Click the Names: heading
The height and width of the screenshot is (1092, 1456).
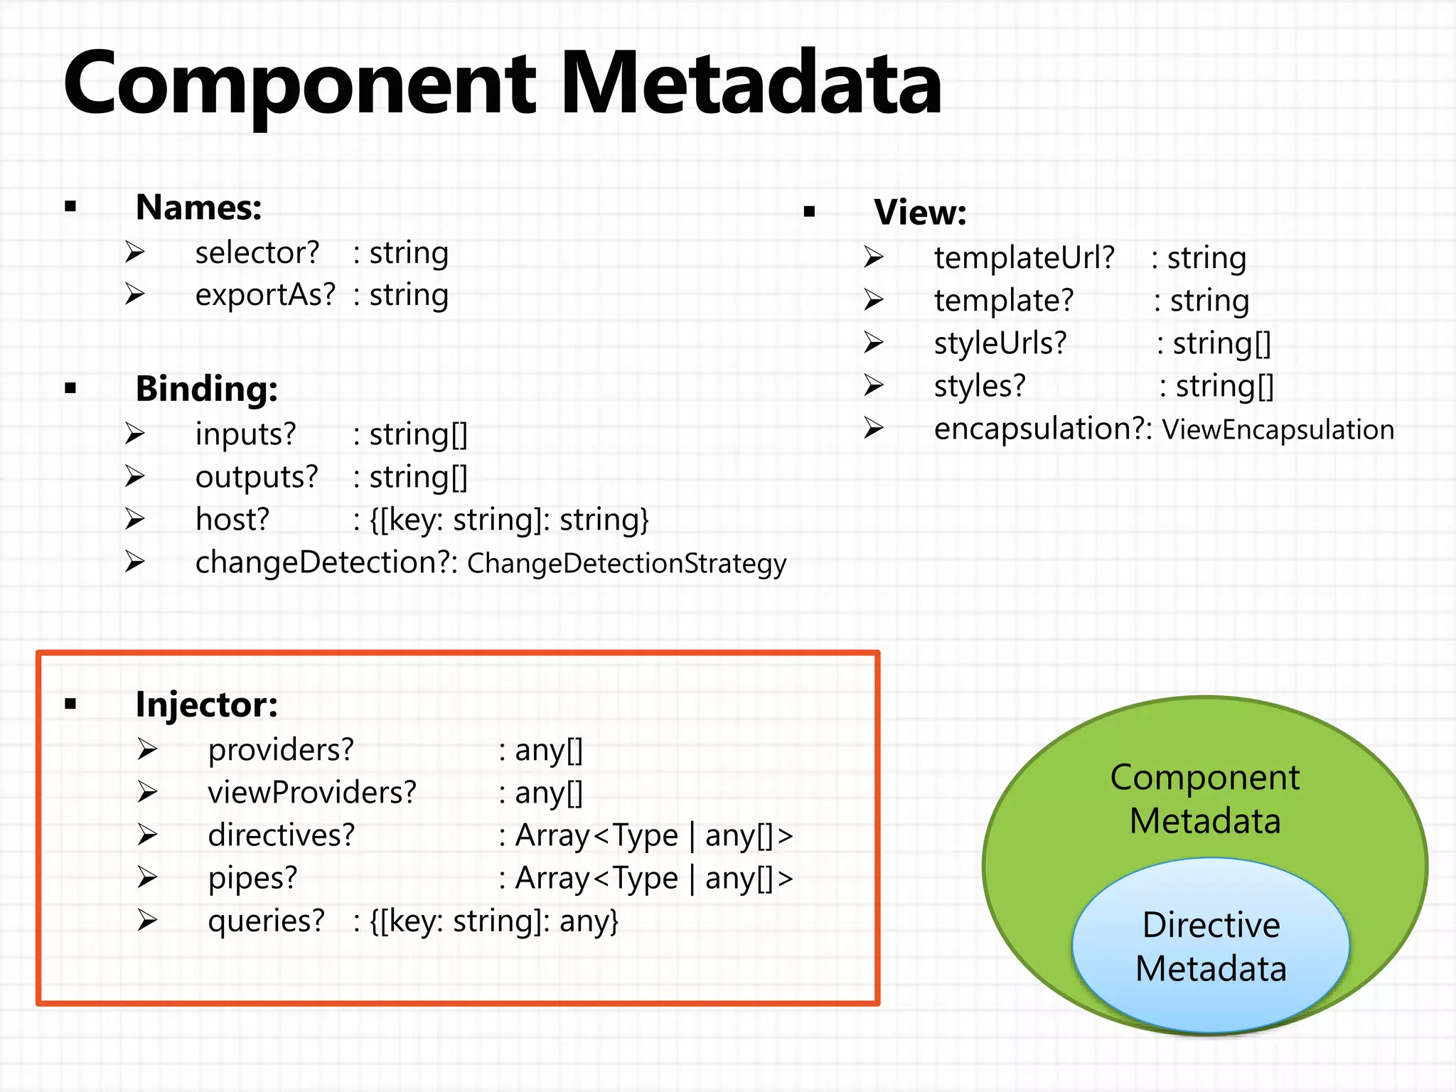(x=198, y=208)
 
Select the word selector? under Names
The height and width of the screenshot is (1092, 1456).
(x=257, y=253)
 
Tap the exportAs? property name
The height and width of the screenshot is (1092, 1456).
(x=265, y=295)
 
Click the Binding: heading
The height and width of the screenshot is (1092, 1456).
(x=206, y=389)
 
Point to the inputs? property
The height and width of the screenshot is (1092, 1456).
(x=245, y=434)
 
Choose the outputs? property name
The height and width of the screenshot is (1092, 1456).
(x=257, y=477)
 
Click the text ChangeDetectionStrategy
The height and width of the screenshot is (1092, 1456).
(x=626, y=564)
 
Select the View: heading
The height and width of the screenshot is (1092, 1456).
(x=920, y=213)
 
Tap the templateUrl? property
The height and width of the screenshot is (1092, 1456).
(x=1024, y=258)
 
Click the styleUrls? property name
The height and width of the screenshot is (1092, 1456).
(x=1000, y=343)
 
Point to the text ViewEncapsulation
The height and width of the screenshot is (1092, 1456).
(x=1278, y=430)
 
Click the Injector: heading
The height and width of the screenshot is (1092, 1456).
(x=206, y=705)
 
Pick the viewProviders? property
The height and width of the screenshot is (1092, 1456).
(x=312, y=793)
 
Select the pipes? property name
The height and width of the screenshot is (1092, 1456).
(x=252, y=878)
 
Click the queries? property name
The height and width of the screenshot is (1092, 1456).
(x=266, y=921)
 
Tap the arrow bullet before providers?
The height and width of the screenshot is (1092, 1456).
(x=147, y=749)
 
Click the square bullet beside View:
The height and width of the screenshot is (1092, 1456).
(x=809, y=211)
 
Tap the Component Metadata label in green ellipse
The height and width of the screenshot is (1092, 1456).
(x=1205, y=798)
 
